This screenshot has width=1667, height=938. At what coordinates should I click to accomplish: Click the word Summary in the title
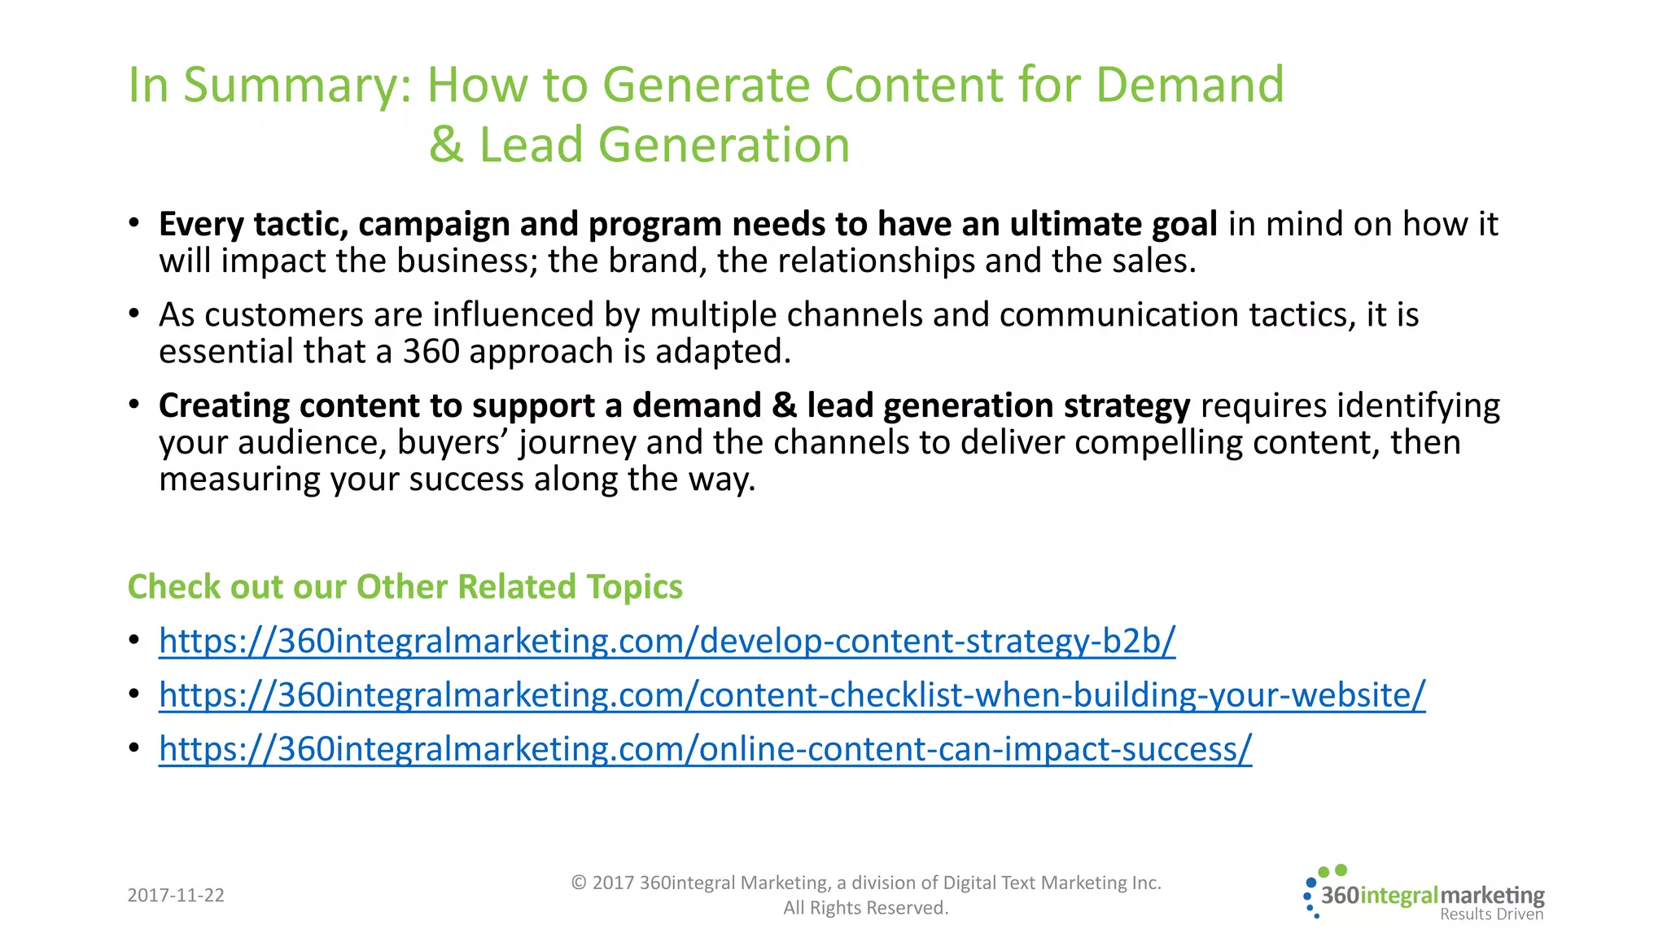click(x=296, y=85)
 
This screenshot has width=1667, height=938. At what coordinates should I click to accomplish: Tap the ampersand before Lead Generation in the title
click(x=446, y=145)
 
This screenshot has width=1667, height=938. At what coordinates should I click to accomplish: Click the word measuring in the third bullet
click(x=239, y=480)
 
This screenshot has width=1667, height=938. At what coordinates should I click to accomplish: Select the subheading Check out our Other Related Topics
click(x=405, y=587)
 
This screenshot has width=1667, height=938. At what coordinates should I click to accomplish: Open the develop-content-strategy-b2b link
click(x=667, y=642)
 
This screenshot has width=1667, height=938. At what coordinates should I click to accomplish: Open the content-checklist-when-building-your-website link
click(x=791, y=695)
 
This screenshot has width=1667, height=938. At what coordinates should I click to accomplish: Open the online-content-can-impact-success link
click(x=705, y=749)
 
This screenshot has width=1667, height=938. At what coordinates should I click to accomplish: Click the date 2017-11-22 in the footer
click(x=176, y=896)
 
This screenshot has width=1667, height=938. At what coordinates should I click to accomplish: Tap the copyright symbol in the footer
click(x=579, y=883)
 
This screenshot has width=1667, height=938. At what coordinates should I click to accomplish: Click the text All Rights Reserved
click(x=865, y=908)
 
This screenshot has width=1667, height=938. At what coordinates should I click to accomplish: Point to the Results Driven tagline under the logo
click(x=1491, y=914)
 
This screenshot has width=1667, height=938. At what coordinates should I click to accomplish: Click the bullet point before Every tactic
click(x=134, y=223)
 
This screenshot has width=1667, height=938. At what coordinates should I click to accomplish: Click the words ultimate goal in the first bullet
click(x=1113, y=225)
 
